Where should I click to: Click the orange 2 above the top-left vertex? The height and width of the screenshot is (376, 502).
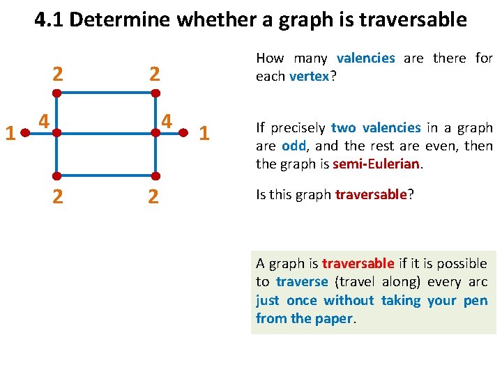tap(59, 74)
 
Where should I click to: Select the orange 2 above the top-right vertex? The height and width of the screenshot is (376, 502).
tap(154, 74)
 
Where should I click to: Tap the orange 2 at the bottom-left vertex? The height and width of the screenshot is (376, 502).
tap(59, 197)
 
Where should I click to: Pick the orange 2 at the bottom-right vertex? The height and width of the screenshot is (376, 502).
tap(154, 197)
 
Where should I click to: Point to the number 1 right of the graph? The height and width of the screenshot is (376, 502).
tap(204, 132)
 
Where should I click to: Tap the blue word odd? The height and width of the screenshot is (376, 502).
tap(294, 146)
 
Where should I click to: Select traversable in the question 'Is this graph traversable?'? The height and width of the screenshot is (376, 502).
tap(370, 195)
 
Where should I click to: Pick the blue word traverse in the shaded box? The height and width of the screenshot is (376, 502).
tap(301, 282)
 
